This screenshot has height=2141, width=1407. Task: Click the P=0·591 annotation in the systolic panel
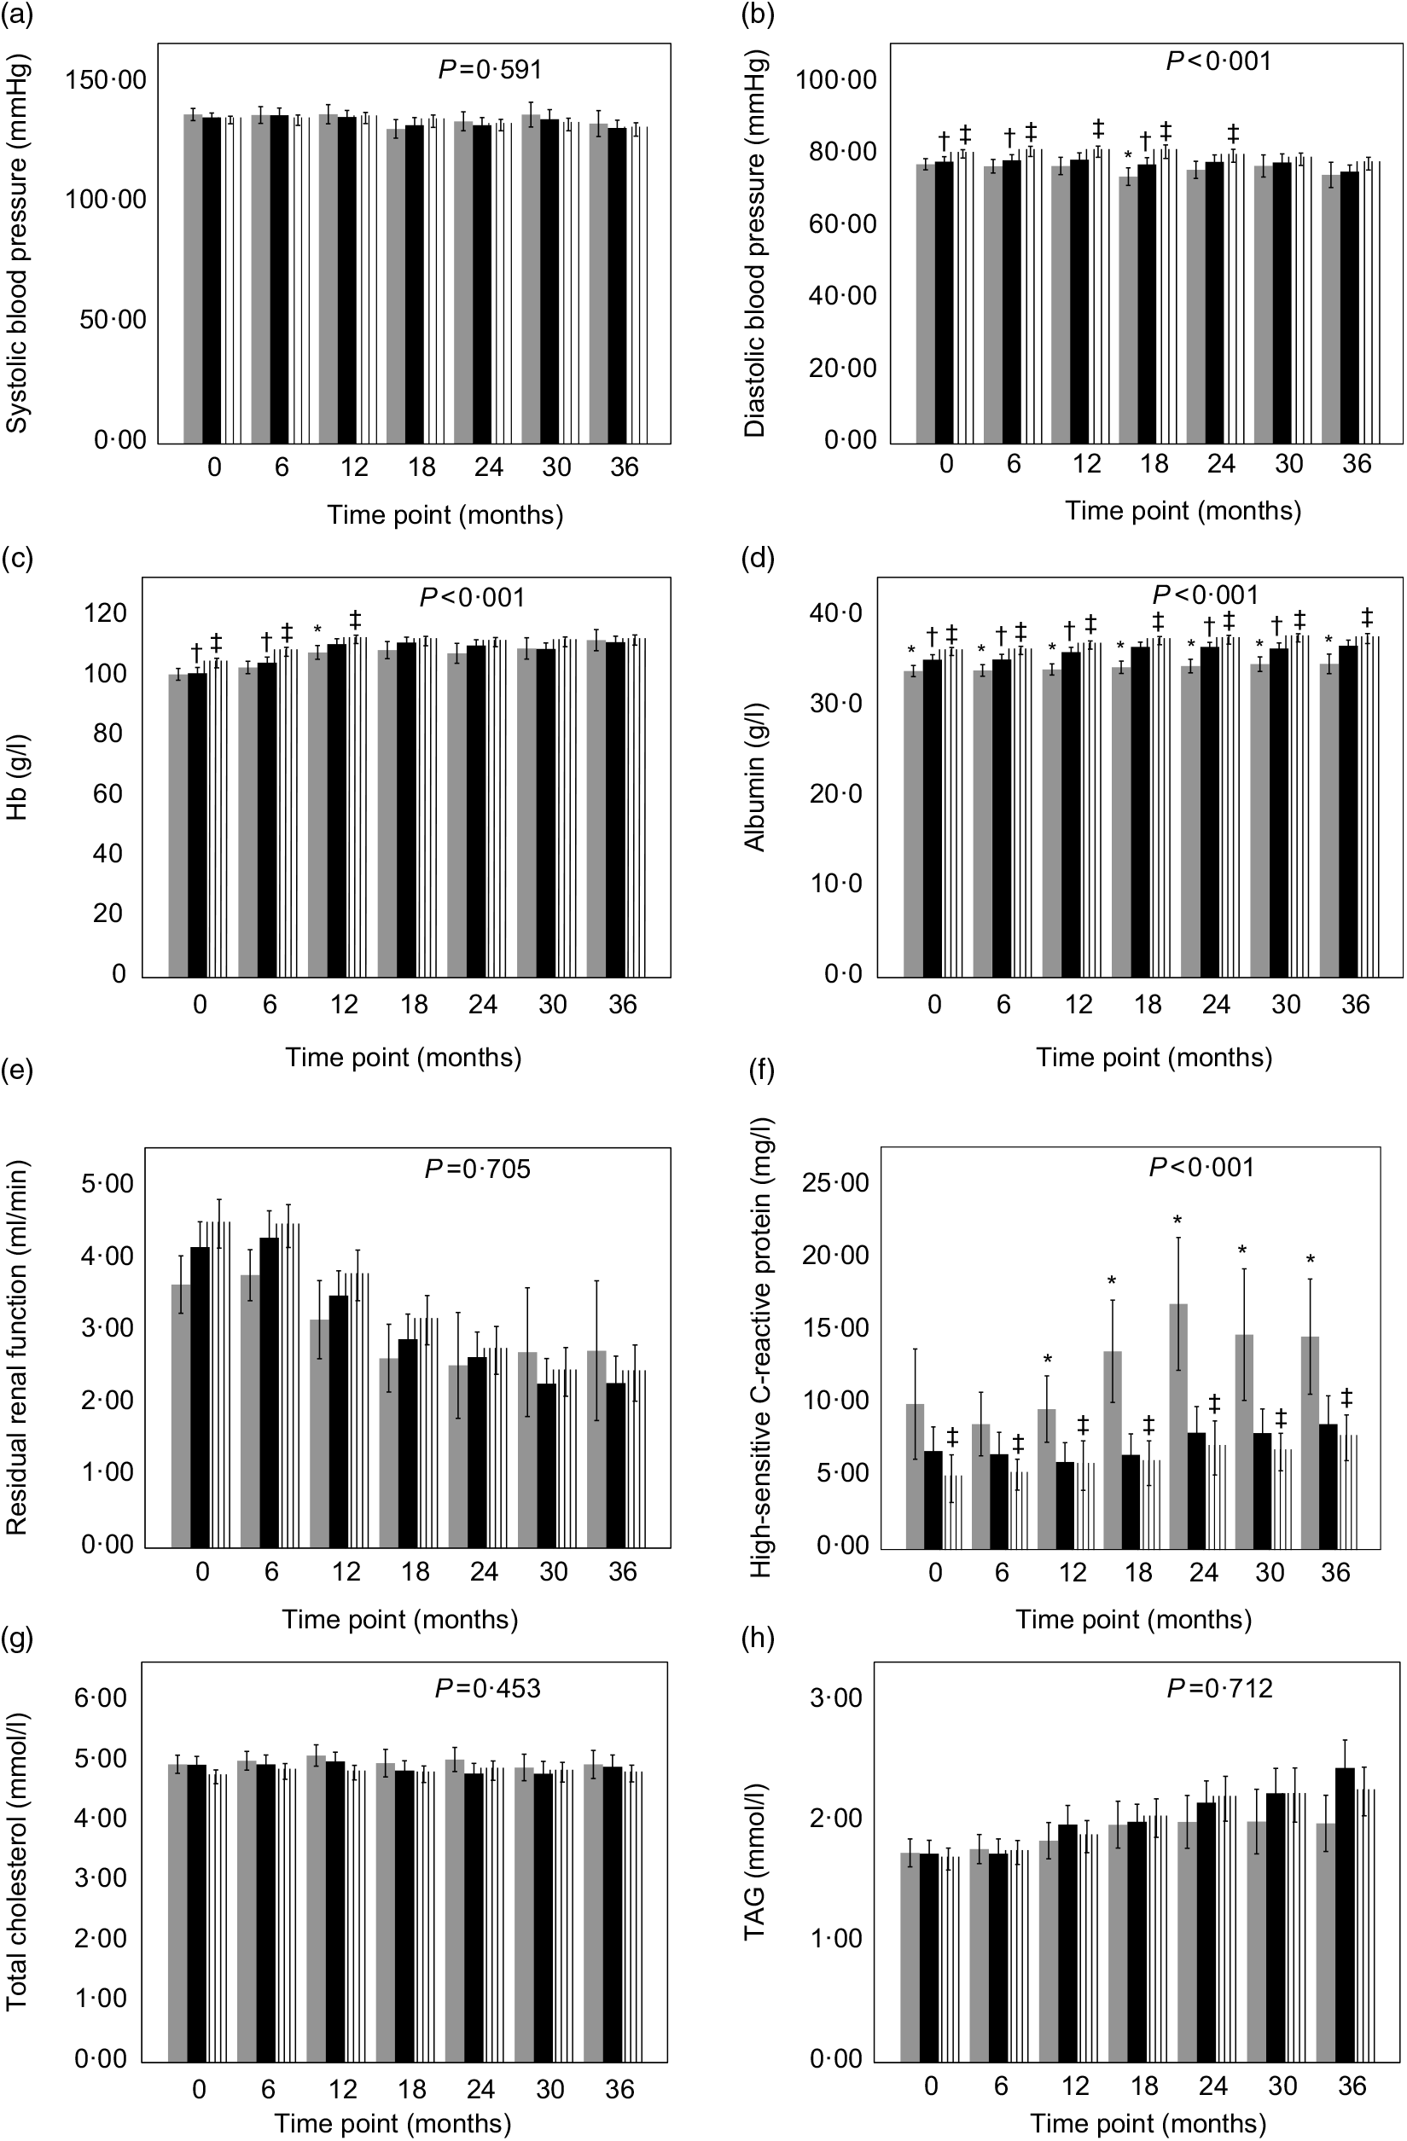(491, 69)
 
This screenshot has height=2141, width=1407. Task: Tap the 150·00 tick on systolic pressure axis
(105, 80)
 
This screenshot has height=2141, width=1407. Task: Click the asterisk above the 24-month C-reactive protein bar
(1177, 1221)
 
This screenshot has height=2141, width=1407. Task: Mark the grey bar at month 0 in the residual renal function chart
(181, 1416)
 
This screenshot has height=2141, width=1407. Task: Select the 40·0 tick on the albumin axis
(835, 613)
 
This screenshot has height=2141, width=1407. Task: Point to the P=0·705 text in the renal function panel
(478, 1169)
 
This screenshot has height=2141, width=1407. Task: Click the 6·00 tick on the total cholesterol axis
(101, 1698)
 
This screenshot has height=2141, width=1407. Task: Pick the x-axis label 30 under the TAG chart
(1283, 2086)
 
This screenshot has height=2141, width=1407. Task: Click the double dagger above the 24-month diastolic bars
(1232, 134)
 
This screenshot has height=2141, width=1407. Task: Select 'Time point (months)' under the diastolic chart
(1183, 511)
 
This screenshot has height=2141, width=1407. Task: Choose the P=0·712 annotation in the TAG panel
(1220, 1689)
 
